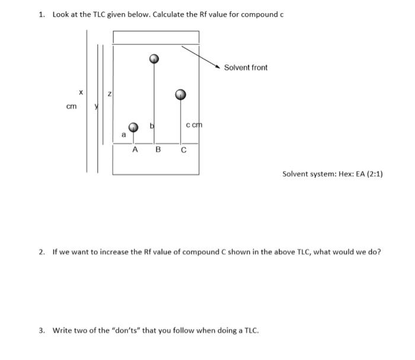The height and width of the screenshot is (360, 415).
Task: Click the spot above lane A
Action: coord(135,127)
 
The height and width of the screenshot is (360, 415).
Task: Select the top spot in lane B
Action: coord(154,59)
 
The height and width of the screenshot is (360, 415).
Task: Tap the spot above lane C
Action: coord(181,94)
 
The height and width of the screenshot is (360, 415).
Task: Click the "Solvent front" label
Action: coord(245,68)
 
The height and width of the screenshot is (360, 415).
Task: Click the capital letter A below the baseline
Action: coord(135,149)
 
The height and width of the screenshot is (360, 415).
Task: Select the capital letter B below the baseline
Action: coord(158,149)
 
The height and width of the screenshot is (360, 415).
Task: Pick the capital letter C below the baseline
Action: coord(183,149)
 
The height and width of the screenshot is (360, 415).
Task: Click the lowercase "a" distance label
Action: coord(123,135)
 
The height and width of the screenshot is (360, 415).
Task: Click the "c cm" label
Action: coord(194,125)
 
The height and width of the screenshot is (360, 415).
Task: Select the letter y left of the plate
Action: coord(96,106)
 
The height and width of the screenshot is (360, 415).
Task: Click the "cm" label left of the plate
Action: coord(71,107)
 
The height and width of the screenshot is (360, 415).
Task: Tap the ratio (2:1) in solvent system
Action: coord(373,174)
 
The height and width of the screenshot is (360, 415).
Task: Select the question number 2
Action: coord(41,252)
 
